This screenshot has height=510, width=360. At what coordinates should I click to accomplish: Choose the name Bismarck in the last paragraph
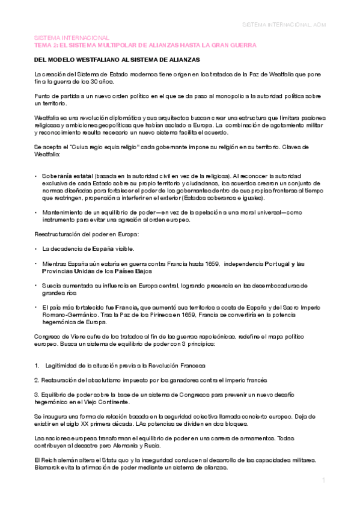(47, 467)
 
